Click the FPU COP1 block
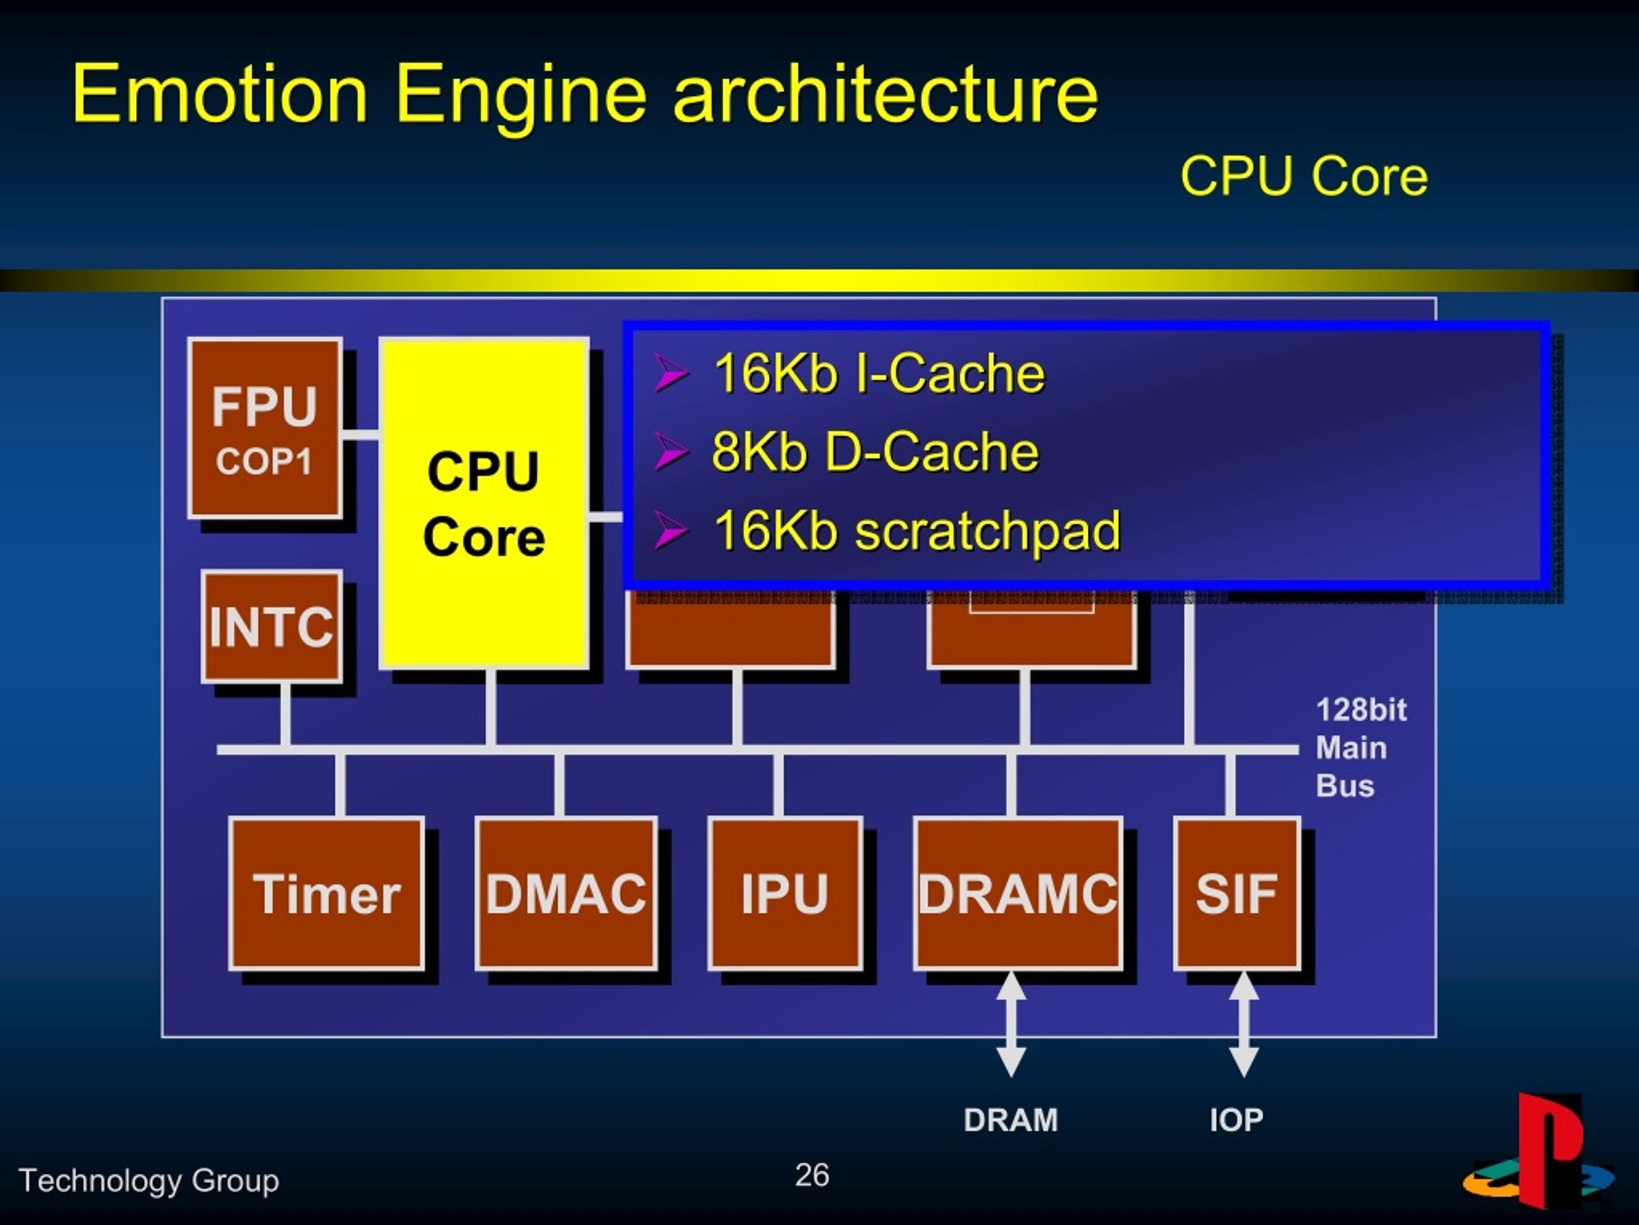click(265, 428)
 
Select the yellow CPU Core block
click(485, 504)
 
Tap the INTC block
click(272, 627)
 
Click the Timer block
click(326, 893)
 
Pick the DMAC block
click(566, 893)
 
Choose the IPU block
click(785, 893)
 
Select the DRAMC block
click(1018, 893)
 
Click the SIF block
click(1237, 893)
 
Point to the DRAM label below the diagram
click(1011, 1119)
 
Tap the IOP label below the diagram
click(1236, 1119)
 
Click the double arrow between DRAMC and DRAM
click(1012, 1023)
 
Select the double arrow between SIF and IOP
click(1243, 1023)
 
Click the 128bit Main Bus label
click(1360, 748)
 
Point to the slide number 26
click(812, 1174)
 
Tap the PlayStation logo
click(1538, 1151)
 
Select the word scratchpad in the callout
click(988, 532)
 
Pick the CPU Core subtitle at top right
click(1304, 176)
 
